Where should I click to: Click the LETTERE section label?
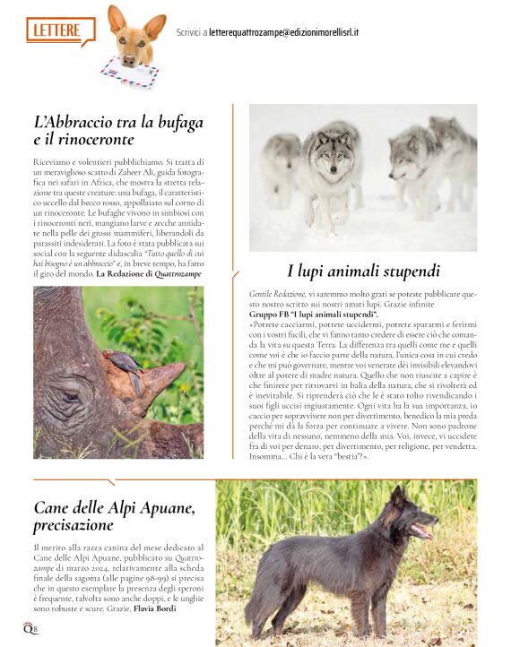[x=57, y=30]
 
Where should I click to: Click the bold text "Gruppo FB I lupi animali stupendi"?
[x=313, y=315]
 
